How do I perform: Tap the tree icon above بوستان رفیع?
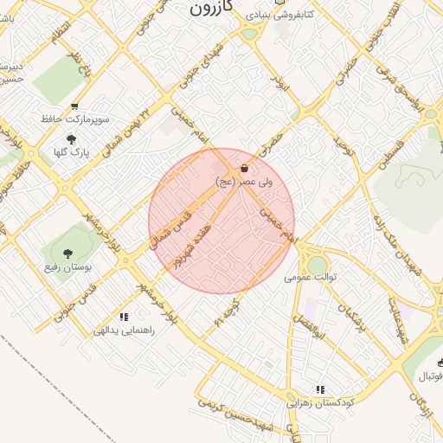click(67, 254)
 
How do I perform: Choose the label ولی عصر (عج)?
click(245, 181)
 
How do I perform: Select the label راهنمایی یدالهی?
click(128, 331)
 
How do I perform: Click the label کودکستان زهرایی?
click(319, 403)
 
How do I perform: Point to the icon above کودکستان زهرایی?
click(321, 390)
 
